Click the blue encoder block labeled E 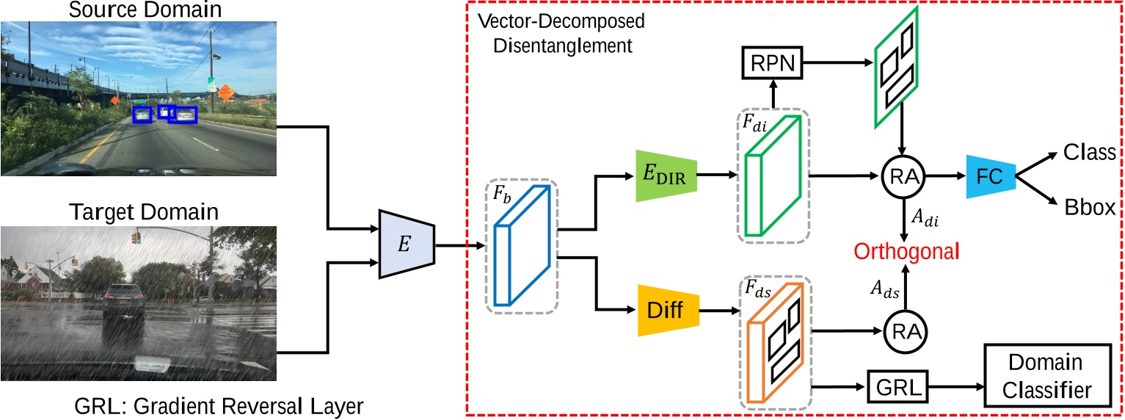pyautogui.click(x=407, y=244)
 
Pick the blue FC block pyautogui.click(x=990, y=175)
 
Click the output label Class pyautogui.click(x=1089, y=152)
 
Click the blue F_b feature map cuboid pyautogui.click(x=522, y=244)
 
